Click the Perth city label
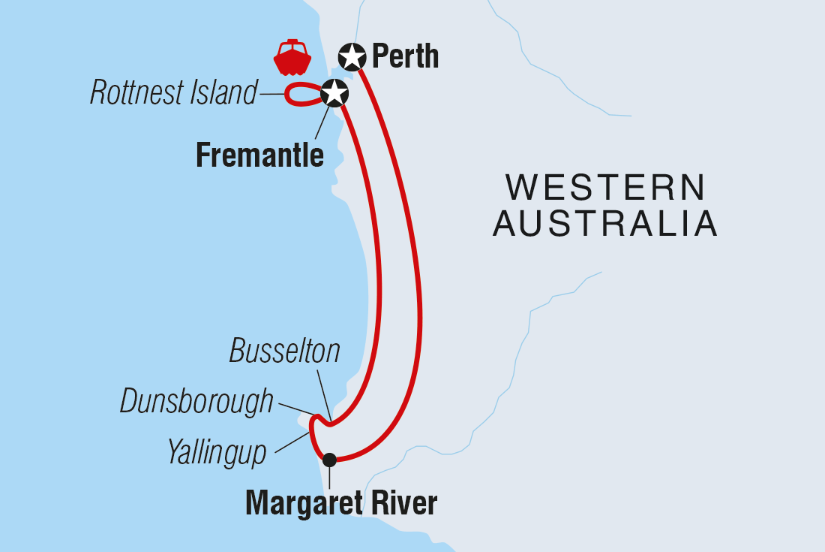tap(405, 56)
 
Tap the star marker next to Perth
tap(352, 56)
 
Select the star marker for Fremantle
tap(334, 94)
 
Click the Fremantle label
tap(259, 155)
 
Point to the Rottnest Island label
tap(173, 94)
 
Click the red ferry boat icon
tap(292, 58)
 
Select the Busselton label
tap(284, 351)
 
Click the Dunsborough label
tap(196, 403)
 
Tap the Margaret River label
tap(341, 503)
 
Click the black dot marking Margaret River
tap(328, 460)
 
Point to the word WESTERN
tap(605, 187)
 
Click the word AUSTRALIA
tap(605, 224)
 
